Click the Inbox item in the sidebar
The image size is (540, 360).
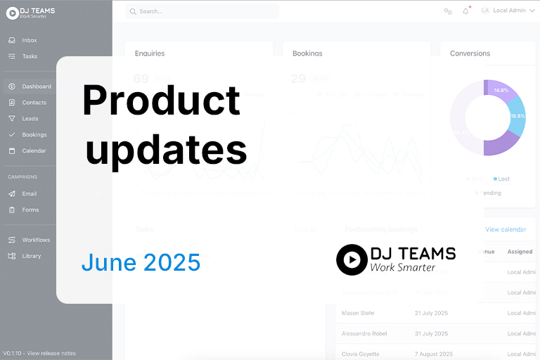pos(29,40)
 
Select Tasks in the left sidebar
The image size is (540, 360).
pos(30,56)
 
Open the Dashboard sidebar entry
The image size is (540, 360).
pos(36,86)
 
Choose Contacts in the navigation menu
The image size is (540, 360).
pos(34,103)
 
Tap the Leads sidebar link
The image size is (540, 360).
pos(30,119)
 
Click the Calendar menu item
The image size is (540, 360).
pos(34,150)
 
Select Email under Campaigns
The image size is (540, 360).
pos(29,193)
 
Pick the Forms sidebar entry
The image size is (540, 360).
pos(30,210)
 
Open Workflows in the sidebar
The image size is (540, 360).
pos(36,240)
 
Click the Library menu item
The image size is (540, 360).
pos(32,256)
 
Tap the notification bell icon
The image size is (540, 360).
pos(465,11)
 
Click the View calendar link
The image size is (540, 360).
pos(506,229)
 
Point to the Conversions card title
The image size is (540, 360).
pos(470,53)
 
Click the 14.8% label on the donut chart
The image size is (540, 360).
pos(501,91)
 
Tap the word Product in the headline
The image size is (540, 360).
pos(161,100)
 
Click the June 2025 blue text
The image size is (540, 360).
pos(141,262)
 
